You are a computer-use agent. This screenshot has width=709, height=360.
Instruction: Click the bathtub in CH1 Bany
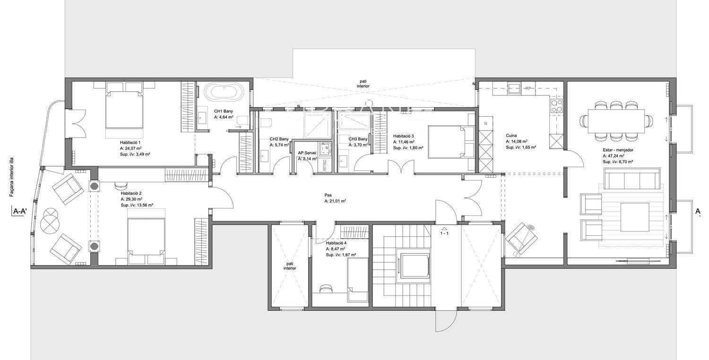click(x=225, y=92)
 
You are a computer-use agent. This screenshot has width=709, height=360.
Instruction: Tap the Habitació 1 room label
click(x=130, y=142)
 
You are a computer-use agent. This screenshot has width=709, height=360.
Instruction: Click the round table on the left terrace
click(x=49, y=222)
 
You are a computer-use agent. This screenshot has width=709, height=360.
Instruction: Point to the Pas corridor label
click(x=328, y=195)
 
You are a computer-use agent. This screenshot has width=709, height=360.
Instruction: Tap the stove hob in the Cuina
click(x=556, y=105)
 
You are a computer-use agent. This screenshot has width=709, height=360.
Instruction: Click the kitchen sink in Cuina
click(x=514, y=88)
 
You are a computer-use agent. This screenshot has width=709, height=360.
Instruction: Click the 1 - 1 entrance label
click(x=444, y=233)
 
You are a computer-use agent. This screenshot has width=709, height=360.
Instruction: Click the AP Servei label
click(x=307, y=153)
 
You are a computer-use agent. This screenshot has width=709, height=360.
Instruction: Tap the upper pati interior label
click(x=363, y=84)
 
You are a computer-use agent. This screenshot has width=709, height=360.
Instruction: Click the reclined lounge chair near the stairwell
click(x=521, y=237)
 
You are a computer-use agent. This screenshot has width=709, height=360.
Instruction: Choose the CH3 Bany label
click(x=358, y=139)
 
